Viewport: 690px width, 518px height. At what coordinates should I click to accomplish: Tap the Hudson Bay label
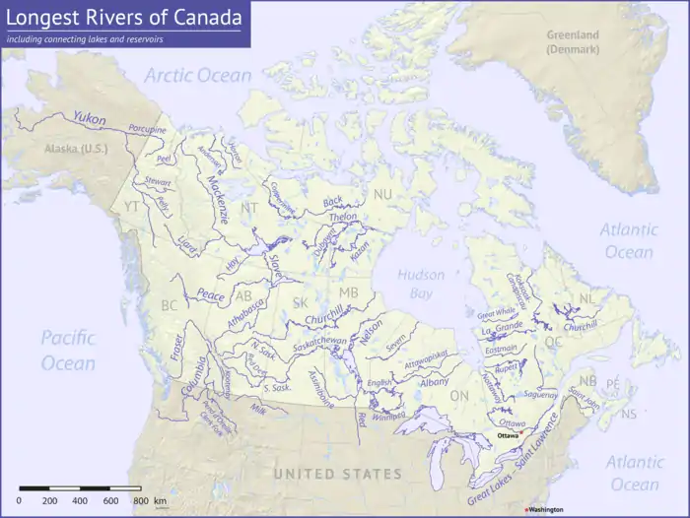[421, 284]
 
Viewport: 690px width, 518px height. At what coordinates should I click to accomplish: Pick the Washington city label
[545, 509]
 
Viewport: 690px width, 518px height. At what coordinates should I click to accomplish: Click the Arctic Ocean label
[198, 76]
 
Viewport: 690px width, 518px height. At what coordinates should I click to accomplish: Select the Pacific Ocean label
[68, 350]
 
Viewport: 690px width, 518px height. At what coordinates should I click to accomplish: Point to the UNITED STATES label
[337, 475]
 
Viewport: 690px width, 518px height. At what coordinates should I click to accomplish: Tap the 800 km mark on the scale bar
[141, 501]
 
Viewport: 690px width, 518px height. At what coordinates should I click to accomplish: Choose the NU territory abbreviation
[380, 194]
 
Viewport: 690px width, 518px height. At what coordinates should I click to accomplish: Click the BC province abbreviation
[170, 306]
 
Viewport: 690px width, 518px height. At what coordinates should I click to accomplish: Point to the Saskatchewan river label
[319, 341]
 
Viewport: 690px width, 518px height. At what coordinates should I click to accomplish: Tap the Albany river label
[434, 381]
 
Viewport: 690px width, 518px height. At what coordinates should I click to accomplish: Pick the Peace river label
[210, 293]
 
